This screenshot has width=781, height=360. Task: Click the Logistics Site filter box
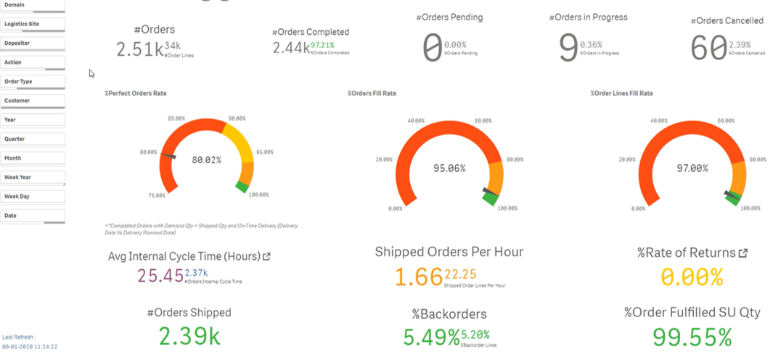click(33, 24)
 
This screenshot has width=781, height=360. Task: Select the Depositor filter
click(33, 44)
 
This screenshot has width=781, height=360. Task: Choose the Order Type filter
click(33, 82)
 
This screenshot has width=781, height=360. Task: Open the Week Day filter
click(33, 197)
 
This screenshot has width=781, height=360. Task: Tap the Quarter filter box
click(33, 139)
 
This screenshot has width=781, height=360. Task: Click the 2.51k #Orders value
click(140, 49)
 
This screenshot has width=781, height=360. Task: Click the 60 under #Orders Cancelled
click(708, 49)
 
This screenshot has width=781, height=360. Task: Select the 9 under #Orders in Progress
click(568, 48)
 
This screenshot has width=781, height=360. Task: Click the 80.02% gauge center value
click(207, 160)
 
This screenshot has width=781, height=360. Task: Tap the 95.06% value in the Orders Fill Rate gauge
click(450, 168)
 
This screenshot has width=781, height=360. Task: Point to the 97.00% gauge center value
click(692, 168)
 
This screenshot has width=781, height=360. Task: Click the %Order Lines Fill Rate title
click(621, 94)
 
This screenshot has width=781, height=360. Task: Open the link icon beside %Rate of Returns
click(743, 253)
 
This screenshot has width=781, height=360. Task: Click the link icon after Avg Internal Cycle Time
click(266, 256)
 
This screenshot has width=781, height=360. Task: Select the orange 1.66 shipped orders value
click(418, 277)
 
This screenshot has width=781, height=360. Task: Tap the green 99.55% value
click(692, 337)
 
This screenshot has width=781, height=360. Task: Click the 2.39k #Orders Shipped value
click(189, 337)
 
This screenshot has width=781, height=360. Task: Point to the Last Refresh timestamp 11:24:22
click(43, 347)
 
